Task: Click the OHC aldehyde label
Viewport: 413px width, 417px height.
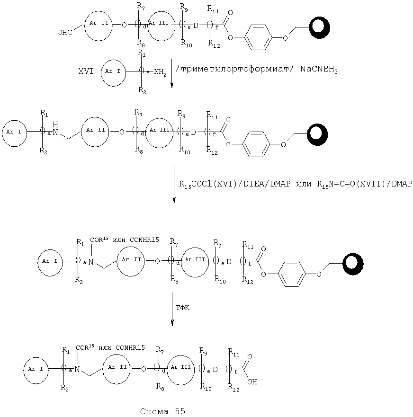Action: [x=65, y=33]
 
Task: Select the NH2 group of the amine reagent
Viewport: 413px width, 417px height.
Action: [x=160, y=72]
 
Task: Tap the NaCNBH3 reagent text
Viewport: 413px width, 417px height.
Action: [x=319, y=70]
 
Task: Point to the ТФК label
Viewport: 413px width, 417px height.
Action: [x=182, y=308]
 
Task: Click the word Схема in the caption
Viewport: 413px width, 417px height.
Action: [x=154, y=411]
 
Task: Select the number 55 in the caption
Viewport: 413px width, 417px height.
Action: [x=180, y=411]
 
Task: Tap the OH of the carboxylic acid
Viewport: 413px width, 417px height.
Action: [x=252, y=382]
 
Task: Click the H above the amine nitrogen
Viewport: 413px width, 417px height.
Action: [x=55, y=124]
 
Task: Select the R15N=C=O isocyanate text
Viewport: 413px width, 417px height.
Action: [x=336, y=184]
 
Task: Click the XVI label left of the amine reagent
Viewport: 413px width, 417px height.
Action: [x=86, y=71]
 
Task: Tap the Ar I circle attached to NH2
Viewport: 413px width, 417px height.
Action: [x=113, y=72]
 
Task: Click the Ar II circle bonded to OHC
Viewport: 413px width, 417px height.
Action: [x=99, y=26]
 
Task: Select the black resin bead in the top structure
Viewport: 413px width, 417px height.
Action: [x=319, y=27]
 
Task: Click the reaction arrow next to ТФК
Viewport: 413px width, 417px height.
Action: [x=172, y=309]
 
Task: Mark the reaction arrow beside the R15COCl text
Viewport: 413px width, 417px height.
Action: [x=174, y=184]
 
